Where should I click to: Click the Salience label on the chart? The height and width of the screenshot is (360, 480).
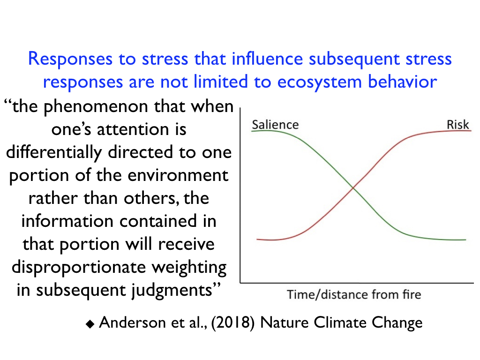click(x=275, y=125)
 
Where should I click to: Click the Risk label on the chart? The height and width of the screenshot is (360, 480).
click(x=457, y=125)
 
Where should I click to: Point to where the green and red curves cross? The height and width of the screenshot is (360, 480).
click(x=353, y=187)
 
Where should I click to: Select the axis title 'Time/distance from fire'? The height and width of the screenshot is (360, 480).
click(x=354, y=294)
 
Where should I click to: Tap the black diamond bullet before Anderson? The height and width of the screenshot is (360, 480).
click(x=90, y=324)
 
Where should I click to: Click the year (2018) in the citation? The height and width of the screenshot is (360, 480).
click(x=232, y=322)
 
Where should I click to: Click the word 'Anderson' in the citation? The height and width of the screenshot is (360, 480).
click(x=132, y=322)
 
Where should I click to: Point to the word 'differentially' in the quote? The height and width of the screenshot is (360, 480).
click(x=54, y=153)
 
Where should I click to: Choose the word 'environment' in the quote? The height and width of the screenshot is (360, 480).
click(x=178, y=176)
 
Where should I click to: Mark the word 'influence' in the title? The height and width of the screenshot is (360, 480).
click(x=267, y=59)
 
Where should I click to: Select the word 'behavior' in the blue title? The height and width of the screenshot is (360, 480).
click(x=403, y=82)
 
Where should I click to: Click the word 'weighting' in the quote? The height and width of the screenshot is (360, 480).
click(x=189, y=268)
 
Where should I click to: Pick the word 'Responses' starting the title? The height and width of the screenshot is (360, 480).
click(x=70, y=59)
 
